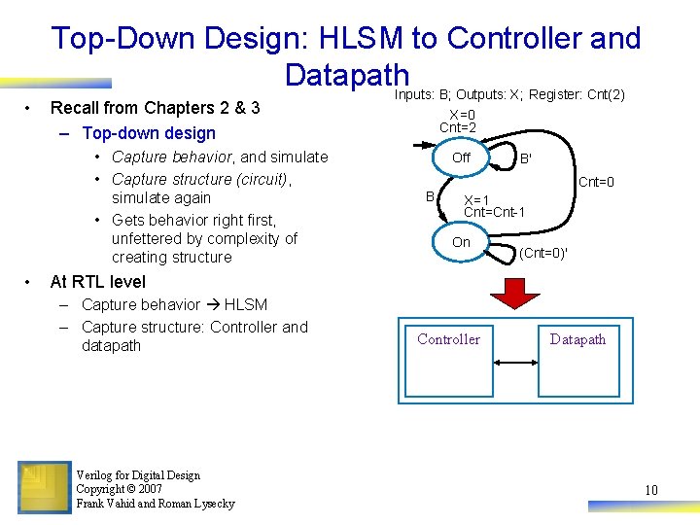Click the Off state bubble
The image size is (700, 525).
(x=461, y=157)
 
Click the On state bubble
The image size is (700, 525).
(x=461, y=242)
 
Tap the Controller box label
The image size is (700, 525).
(x=448, y=339)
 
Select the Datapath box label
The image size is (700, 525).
(x=577, y=339)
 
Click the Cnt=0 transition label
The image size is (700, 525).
(x=596, y=182)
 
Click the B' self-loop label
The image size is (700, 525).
(x=525, y=158)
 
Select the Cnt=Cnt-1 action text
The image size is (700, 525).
(x=495, y=212)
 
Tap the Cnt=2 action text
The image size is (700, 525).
(x=457, y=127)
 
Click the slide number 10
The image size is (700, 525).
(x=650, y=490)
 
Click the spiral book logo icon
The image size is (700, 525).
(x=44, y=486)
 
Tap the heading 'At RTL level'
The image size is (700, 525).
(x=97, y=282)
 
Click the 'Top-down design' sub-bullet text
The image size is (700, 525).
(x=149, y=133)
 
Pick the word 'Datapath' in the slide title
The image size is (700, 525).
(x=347, y=75)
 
